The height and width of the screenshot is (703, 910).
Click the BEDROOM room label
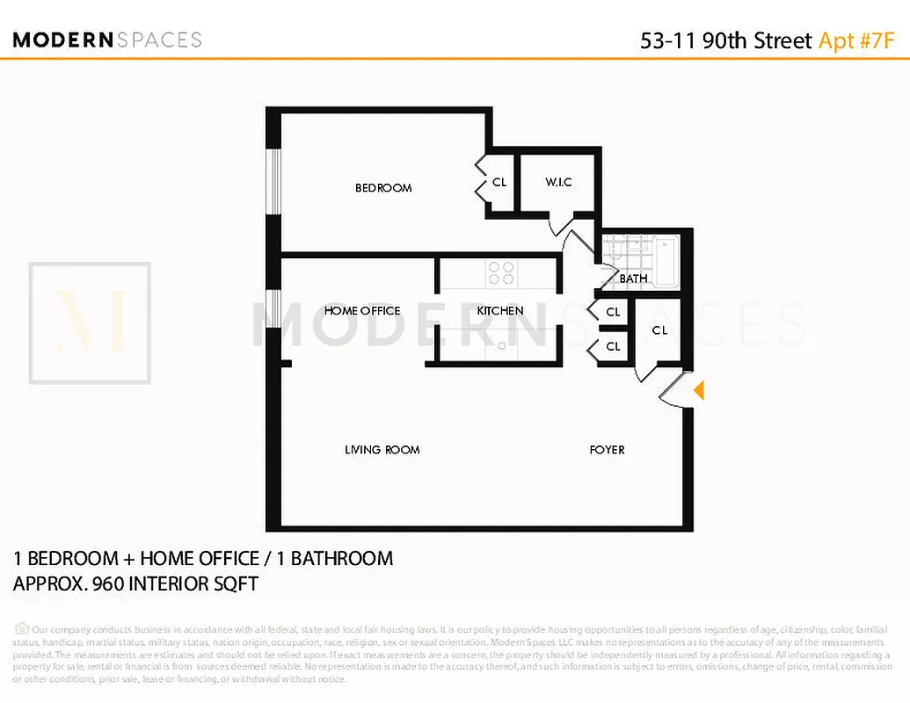[x=383, y=187]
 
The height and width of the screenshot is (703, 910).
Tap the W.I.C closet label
[x=558, y=182]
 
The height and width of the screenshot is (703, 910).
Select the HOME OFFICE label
[x=362, y=310]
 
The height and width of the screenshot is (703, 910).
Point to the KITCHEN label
[x=500, y=310]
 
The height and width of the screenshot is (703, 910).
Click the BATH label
[x=633, y=279]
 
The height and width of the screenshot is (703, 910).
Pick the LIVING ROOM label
[x=382, y=450]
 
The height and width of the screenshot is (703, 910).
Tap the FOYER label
[x=607, y=450]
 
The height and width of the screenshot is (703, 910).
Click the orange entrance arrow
[x=699, y=390]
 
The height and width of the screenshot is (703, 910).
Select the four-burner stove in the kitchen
[x=501, y=273]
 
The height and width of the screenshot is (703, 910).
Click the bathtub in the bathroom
[x=666, y=257]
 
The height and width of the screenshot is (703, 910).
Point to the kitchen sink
[x=501, y=345]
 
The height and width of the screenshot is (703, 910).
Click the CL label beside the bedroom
[x=499, y=183]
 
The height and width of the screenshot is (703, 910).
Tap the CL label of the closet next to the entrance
[x=659, y=330]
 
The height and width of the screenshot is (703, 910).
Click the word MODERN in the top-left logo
[x=63, y=40]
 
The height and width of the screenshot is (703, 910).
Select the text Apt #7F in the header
[x=857, y=40]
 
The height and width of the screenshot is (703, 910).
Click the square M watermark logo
[x=90, y=323]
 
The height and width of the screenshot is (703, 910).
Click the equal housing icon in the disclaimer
[x=22, y=629]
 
